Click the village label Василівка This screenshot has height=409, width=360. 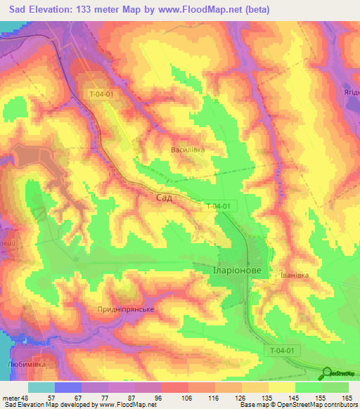(188, 150)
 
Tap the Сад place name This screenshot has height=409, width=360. (162, 199)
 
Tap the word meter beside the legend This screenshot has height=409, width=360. (11, 398)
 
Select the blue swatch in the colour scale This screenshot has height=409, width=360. (67, 387)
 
